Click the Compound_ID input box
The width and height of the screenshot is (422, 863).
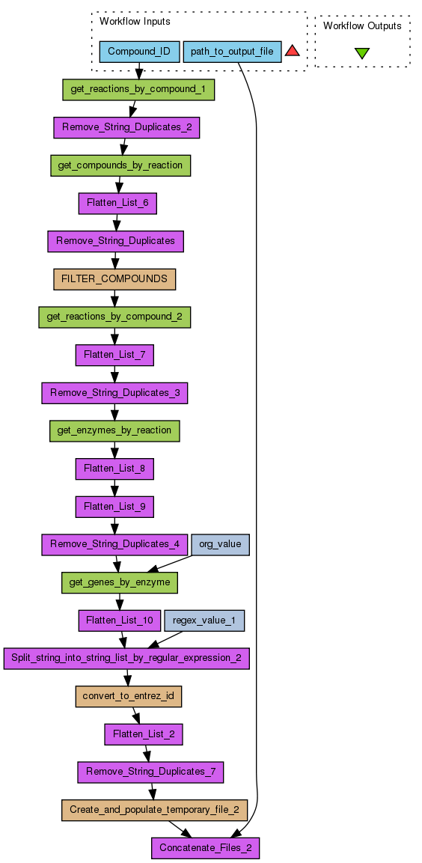[x=139, y=52]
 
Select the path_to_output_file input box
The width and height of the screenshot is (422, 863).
[x=232, y=52]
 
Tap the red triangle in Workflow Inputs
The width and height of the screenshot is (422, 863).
[x=292, y=51]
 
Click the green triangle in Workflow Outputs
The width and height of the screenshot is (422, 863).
[x=362, y=53]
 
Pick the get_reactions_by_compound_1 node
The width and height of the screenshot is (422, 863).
[x=138, y=91]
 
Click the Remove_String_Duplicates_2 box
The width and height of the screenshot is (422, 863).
[x=126, y=128]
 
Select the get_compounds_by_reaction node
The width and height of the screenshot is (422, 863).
[x=120, y=165]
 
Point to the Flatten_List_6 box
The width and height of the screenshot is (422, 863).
[x=118, y=204]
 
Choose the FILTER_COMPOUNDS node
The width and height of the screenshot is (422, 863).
[x=114, y=279]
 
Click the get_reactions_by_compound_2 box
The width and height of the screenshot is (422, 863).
[x=114, y=317]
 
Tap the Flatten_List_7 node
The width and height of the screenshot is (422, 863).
[x=114, y=355]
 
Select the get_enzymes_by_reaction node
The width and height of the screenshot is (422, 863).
[x=114, y=430]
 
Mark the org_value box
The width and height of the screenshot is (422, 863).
[x=220, y=544]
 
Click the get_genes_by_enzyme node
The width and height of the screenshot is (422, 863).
[x=120, y=582]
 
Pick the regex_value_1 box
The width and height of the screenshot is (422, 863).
[x=204, y=620]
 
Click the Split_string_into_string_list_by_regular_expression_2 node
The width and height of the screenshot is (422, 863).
[x=127, y=658]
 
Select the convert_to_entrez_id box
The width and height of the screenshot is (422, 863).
[x=128, y=696]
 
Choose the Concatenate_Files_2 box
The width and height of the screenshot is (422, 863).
[x=205, y=848]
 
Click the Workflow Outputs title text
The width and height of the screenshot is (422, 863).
[x=362, y=25]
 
